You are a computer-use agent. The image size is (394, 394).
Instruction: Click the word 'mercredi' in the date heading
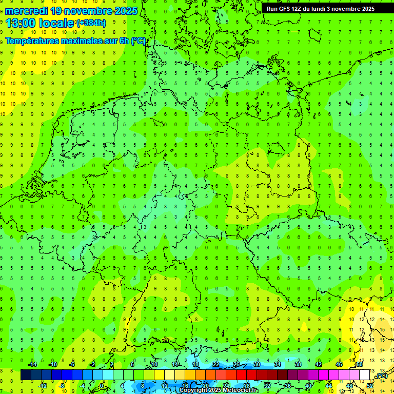26,11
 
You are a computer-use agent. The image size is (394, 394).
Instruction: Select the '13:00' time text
21,23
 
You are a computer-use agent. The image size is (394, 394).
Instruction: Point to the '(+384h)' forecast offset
91,23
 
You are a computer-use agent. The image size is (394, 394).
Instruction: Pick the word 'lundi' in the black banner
323,9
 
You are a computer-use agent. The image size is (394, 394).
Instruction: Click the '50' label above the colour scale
360,364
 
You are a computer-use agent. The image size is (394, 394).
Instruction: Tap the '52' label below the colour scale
370,385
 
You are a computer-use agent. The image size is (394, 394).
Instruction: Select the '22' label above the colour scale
216,364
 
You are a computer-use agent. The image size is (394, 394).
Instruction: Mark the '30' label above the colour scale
257,364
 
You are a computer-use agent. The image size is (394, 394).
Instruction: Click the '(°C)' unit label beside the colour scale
381,376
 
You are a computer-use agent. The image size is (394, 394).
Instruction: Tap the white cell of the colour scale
364,375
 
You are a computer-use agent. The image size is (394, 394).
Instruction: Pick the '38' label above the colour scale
298,364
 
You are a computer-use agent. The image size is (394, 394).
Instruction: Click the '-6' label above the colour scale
72,364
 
